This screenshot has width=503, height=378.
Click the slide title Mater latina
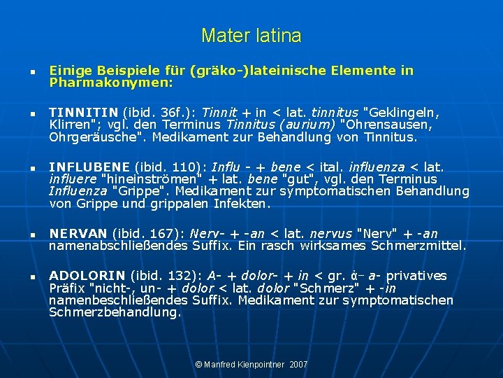coord(251,35)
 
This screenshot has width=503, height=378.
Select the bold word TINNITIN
coord(83,112)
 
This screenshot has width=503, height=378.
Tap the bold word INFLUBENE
coord(89,167)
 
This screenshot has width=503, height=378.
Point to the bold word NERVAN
coord(78,234)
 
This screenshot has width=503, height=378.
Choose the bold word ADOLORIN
coord(87,276)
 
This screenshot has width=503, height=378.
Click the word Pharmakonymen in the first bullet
coord(111,83)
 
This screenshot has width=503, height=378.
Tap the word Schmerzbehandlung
coord(115,313)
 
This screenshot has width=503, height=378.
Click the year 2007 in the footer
coord(298,365)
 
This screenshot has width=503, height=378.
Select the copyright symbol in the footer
coord(198,365)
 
